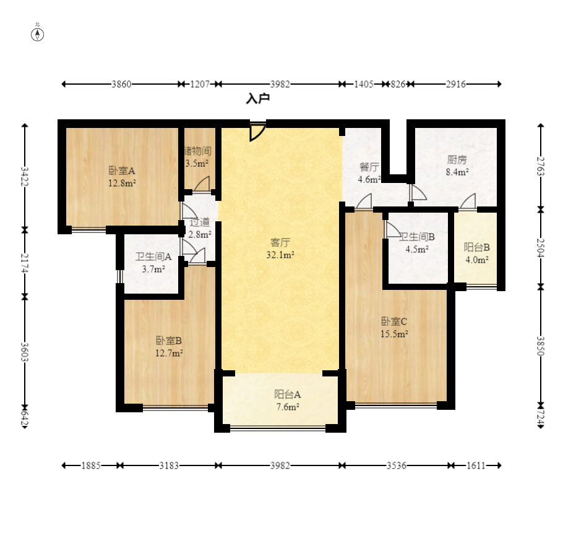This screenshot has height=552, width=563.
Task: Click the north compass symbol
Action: pos(37,35)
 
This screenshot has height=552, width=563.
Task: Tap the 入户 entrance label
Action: pos(258,99)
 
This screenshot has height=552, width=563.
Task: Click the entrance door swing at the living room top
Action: pos(257,132)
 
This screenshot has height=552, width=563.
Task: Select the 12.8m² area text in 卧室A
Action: pos(122,184)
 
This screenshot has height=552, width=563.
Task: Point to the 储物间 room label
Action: pos(197,151)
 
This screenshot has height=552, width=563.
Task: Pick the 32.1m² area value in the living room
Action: pos(280,255)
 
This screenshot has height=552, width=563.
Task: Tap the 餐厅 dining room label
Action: pos(369,167)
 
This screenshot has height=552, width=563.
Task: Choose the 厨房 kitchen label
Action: pos(457,159)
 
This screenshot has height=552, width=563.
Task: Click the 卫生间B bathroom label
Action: pos(417,237)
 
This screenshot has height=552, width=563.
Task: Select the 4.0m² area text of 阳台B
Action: pos(477,260)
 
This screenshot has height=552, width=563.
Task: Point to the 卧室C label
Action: pos(394,321)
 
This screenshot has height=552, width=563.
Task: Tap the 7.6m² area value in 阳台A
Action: pos(288,407)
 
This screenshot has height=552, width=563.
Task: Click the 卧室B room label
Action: pos(169,341)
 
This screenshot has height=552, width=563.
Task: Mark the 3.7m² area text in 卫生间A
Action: pos(153,269)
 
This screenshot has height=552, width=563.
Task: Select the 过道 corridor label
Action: pos(200,223)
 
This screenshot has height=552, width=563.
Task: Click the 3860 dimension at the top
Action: pos(121,84)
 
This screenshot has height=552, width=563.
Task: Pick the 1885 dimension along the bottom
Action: pos(91,465)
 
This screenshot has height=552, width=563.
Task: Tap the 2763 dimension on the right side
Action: pos(541,166)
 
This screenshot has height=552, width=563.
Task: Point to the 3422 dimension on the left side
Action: pos(24,176)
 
